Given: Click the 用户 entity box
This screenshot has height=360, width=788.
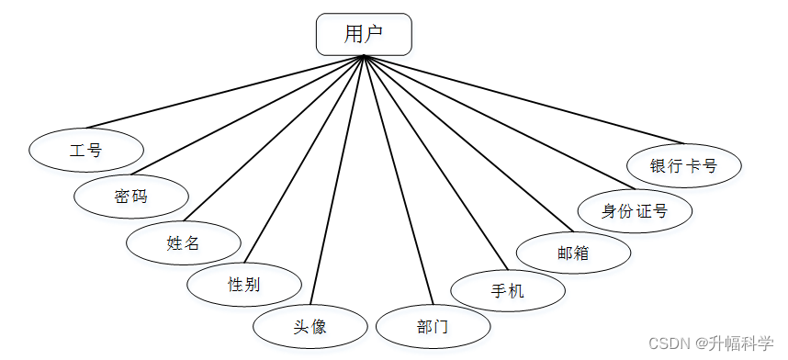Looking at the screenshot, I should pos(364,34).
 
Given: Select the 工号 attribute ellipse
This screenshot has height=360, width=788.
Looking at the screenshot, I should pos(85,150).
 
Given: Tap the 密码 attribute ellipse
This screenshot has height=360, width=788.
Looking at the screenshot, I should pos(131,196).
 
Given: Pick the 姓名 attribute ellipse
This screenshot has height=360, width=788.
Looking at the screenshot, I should pos(184,243).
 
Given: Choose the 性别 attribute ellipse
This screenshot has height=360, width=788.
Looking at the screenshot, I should pos(243,284).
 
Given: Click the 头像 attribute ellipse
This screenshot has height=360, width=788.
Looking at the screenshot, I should pos(310,326).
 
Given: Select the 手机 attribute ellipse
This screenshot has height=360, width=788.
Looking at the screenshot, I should pos(507,291).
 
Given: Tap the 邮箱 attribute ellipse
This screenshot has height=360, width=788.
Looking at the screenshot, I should pos(573,253).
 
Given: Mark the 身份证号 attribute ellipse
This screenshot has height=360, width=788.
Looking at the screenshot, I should pos(635,211).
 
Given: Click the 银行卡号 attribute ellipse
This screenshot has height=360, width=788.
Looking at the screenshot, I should pos(683,166).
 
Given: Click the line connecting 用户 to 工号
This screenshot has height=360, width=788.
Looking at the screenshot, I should pos(225,92).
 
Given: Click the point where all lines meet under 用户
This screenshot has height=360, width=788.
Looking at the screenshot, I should pos(364,57).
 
